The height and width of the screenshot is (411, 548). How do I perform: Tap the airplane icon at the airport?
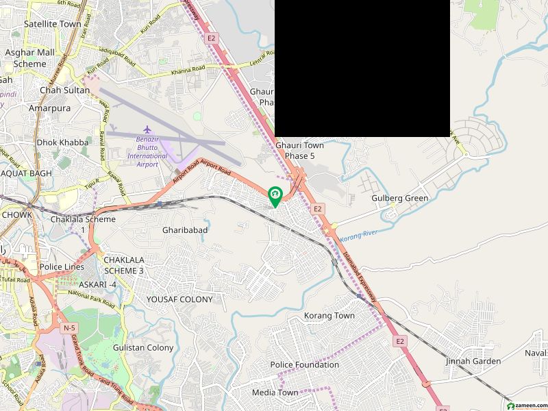click(147, 129)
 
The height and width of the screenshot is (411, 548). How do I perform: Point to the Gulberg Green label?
click(399, 198)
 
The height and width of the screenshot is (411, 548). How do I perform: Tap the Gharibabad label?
click(185, 231)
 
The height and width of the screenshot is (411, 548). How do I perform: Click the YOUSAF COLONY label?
click(179, 299)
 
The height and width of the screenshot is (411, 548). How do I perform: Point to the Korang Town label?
click(329, 316)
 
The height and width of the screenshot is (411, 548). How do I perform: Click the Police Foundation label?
click(304, 364)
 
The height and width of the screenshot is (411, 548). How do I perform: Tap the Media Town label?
click(275, 393)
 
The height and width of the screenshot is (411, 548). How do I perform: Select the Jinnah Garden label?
click(473, 361)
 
